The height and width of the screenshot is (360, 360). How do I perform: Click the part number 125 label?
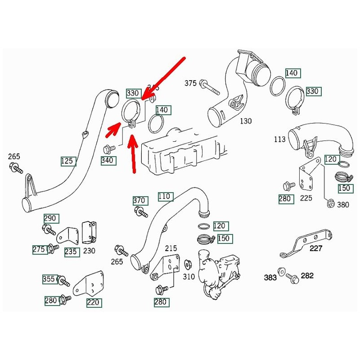point(69,161)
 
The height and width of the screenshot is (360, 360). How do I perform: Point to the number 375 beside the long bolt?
point(191,83)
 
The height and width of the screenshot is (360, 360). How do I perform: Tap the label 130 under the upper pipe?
point(246,121)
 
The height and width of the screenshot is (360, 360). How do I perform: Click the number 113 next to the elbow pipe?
point(279,139)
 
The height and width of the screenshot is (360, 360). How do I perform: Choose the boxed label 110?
point(165,196)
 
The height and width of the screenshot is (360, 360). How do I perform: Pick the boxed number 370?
point(139,200)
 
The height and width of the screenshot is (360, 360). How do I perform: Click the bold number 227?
point(316,248)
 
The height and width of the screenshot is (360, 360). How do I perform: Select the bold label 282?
point(307,275)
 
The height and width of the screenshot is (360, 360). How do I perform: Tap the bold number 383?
point(270,278)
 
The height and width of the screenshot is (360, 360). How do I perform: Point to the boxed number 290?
point(50,218)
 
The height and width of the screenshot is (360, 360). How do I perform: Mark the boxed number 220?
point(94,302)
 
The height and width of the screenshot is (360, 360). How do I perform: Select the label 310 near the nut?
point(189,276)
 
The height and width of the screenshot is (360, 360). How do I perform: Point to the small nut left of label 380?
point(329,204)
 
